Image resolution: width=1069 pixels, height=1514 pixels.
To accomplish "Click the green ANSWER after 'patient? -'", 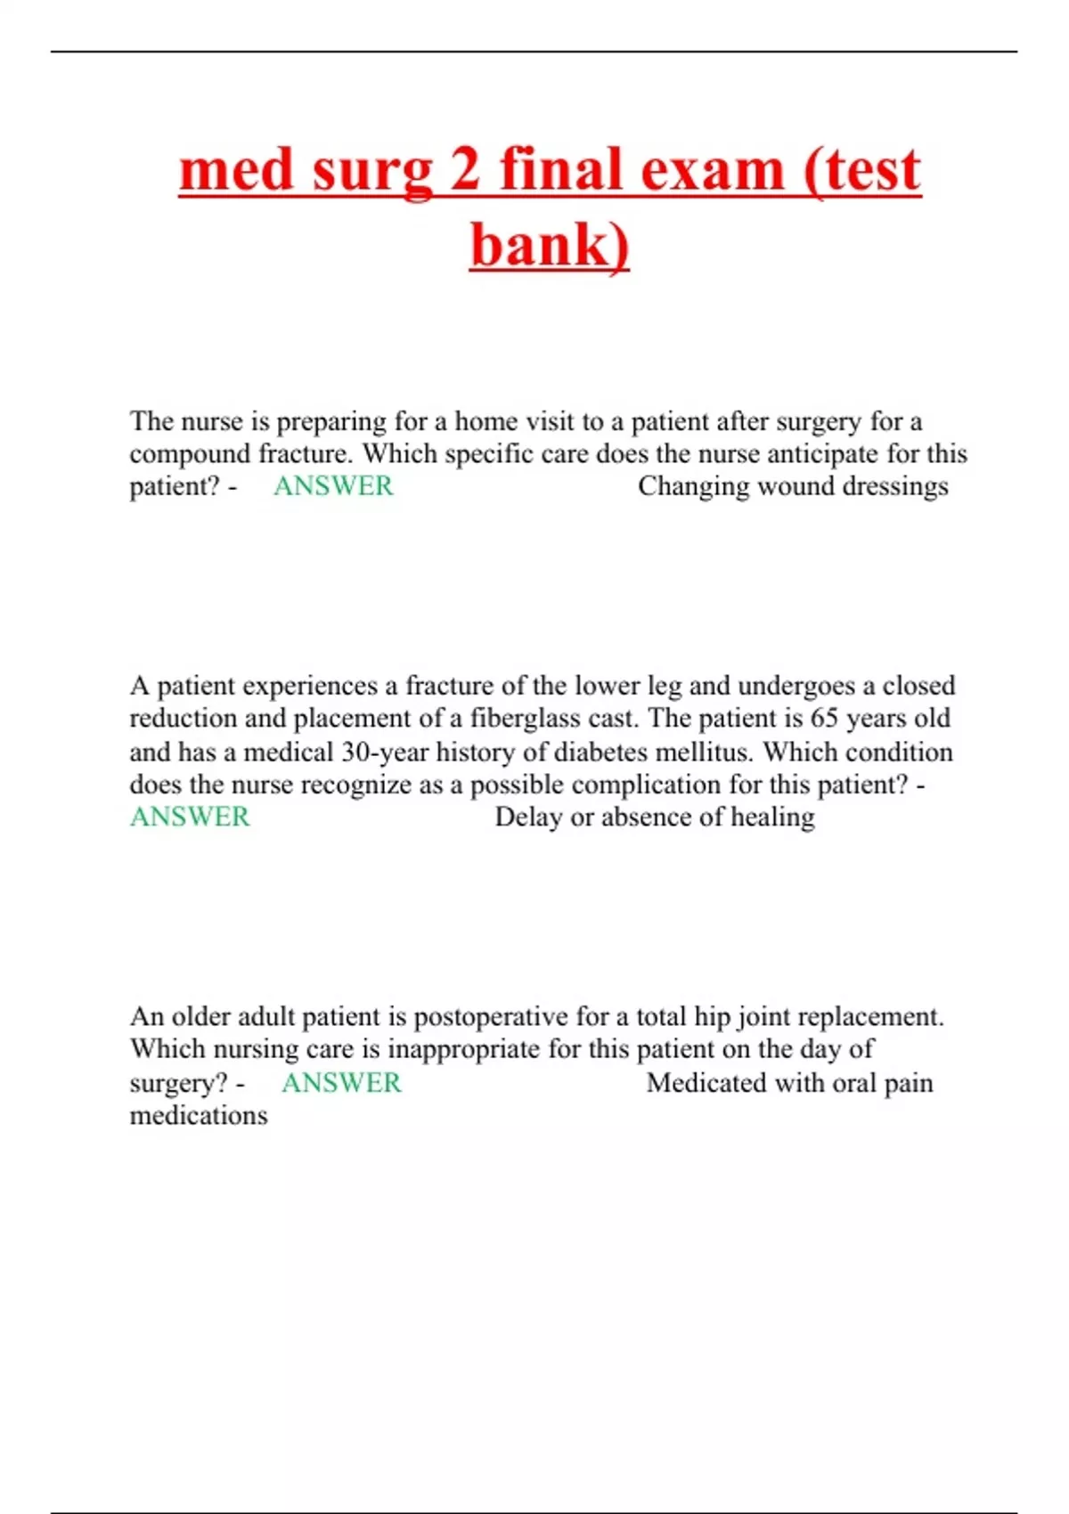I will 332,486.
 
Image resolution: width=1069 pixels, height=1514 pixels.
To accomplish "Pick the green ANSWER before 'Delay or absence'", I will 190,817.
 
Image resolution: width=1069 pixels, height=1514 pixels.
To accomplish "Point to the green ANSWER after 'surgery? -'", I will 341,1083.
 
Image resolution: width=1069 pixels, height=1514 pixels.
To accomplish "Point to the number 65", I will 824,718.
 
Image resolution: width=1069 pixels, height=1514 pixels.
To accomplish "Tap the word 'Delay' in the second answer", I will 528,817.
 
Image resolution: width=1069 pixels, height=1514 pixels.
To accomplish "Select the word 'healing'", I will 771,818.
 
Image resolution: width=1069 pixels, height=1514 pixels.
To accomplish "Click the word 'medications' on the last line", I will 199,1116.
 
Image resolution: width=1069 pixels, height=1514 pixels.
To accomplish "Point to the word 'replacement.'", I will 867,1016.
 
